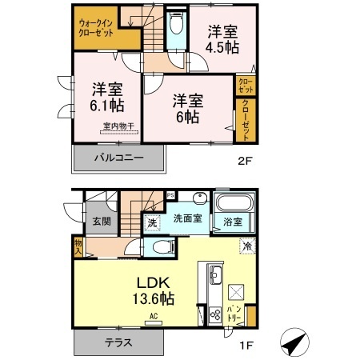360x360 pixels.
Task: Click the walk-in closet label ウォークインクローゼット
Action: point(95,30)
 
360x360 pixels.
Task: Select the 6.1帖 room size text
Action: point(106,105)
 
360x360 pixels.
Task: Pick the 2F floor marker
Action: point(246,160)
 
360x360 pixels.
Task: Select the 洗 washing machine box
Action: point(152,223)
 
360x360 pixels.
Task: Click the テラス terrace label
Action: point(119,342)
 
